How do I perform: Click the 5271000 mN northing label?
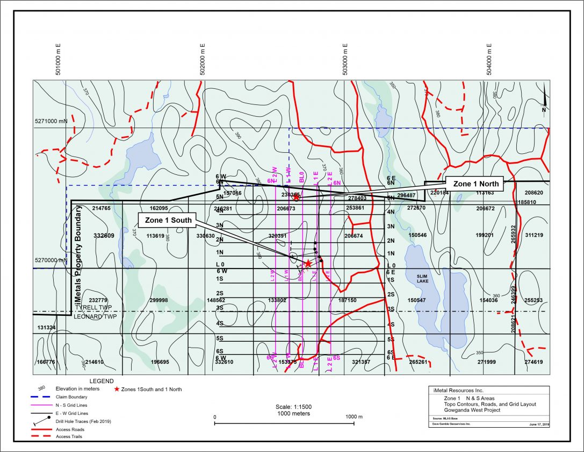point(51,122)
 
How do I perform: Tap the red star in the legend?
point(117,389)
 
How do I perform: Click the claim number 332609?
point(104,236)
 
